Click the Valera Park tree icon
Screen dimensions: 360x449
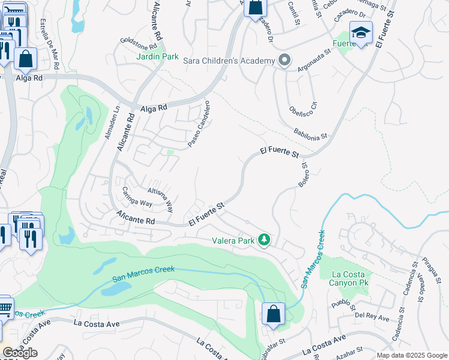[x=264, y=239]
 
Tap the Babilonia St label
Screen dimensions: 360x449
[x=310, y=133]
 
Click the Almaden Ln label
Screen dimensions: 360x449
[x=109, y=124]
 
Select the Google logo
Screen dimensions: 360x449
[x=20, y=353]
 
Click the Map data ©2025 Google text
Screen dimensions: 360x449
[x=411, y=355]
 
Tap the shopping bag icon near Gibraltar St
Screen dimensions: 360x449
[x=273, y=314]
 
